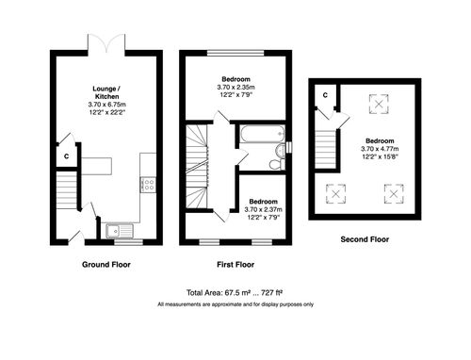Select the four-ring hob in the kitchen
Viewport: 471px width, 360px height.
click(149, 185)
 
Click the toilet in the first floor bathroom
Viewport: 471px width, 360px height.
click(275, 163)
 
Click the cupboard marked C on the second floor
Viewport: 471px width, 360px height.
click(325, 95)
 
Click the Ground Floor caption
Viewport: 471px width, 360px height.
click(106, 265)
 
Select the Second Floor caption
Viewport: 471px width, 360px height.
click(364, 239)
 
